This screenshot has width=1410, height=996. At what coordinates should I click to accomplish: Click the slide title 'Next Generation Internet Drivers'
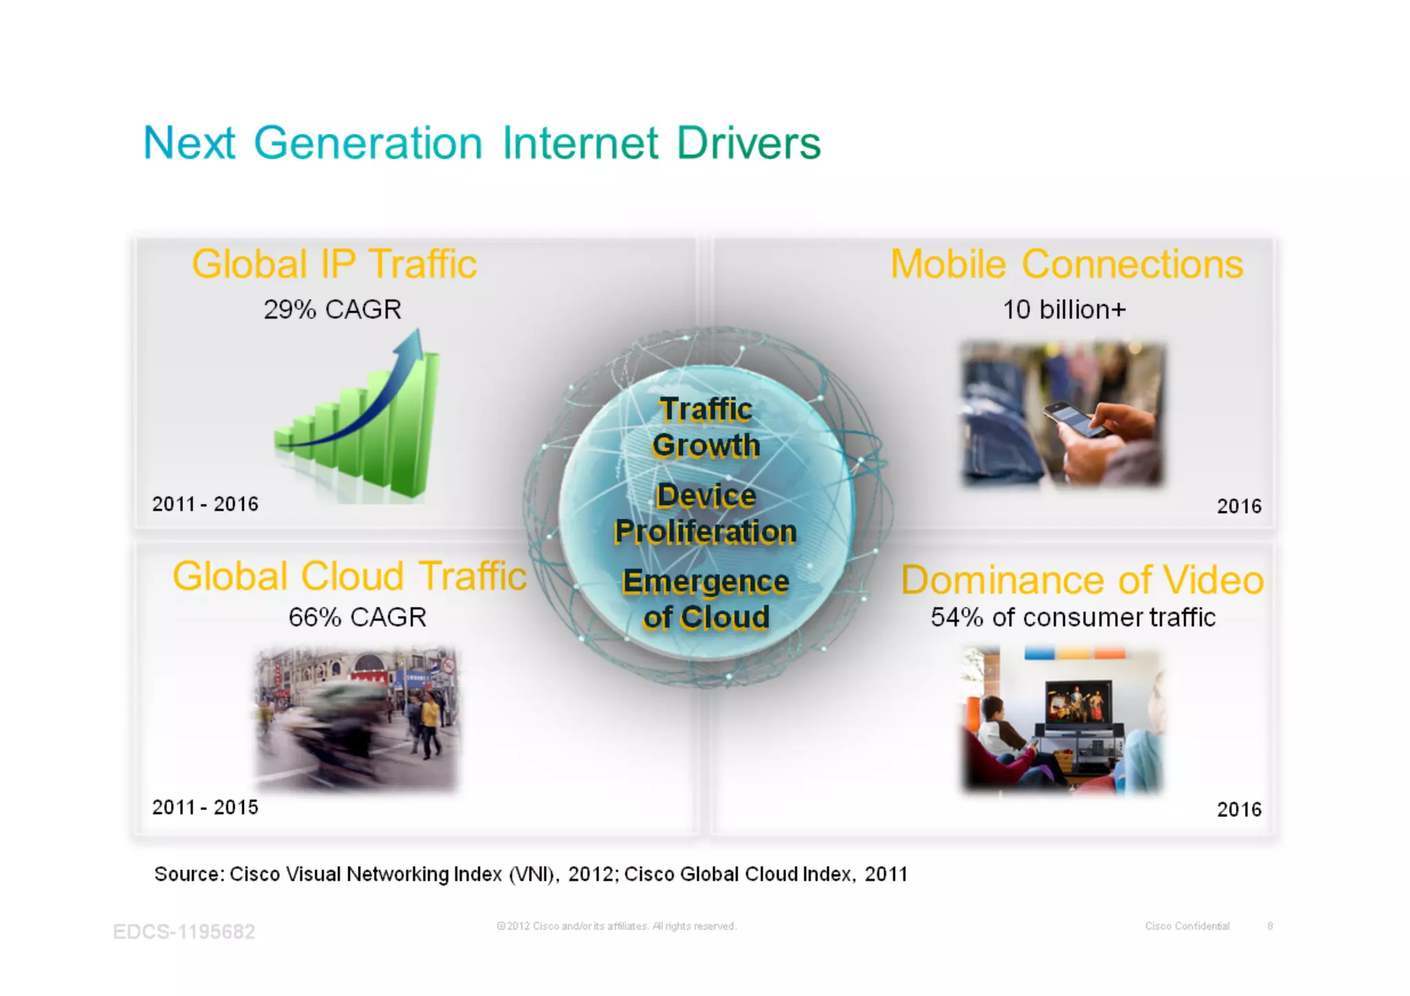coord(481,143)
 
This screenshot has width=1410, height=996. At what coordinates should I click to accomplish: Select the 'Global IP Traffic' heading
coord(334,264)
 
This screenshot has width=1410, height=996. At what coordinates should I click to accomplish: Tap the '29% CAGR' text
coord(332,310)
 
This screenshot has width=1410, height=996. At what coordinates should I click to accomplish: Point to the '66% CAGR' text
coord(357,617)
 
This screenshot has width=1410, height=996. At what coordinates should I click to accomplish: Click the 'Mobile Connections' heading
coord(1066,264)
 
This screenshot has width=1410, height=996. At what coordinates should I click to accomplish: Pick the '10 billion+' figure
coord(1064,310)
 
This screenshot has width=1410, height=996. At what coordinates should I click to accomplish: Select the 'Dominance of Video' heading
coord(1082,580)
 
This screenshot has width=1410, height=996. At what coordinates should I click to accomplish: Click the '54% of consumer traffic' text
coord(1073,617)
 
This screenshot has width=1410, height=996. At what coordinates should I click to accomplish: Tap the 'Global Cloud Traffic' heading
coord(349,576)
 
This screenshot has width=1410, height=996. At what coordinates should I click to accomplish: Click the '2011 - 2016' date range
coord(205,504)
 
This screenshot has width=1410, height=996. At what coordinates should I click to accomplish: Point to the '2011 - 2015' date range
coord(205,807)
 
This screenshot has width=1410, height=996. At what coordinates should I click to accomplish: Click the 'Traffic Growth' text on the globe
coord(706,427)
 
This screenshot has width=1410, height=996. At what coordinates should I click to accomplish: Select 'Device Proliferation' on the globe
coord(706,513)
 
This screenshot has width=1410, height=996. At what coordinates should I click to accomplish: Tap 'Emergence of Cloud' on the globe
coord(706,600)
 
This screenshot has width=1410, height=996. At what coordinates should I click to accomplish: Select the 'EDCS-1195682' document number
coord(184,931)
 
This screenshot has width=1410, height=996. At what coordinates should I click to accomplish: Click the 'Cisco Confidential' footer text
coord(1187,926)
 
